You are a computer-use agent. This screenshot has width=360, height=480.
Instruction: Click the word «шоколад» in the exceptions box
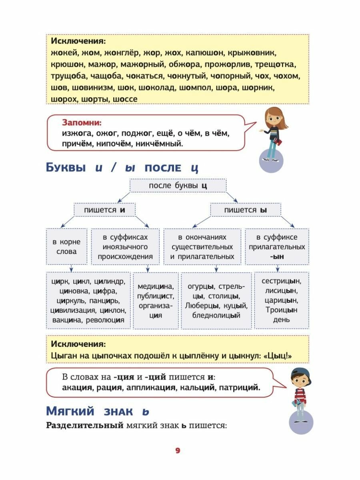(x=160, y=87)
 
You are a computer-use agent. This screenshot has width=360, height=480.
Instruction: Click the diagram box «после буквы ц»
(x=178, y=186)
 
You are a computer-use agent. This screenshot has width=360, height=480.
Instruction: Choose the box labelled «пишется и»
(x=105, y=210)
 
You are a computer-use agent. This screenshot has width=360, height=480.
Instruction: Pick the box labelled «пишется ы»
(x=246, y=210)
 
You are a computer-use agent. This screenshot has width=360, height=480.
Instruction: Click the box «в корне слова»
(x=66, y=247)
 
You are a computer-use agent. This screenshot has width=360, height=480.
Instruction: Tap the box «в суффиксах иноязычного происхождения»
(x=125, y=247)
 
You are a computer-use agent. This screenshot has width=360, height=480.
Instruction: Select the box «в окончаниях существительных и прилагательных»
(x=202, y=247)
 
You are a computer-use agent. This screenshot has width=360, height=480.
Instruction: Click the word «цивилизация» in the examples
(x=72, y=310)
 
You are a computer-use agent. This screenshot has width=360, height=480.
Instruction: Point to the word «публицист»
(x=155, y=296)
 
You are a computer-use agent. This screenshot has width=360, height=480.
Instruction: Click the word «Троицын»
(x=281, y=310)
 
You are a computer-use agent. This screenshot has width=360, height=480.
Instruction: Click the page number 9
(x=178, y=450)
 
